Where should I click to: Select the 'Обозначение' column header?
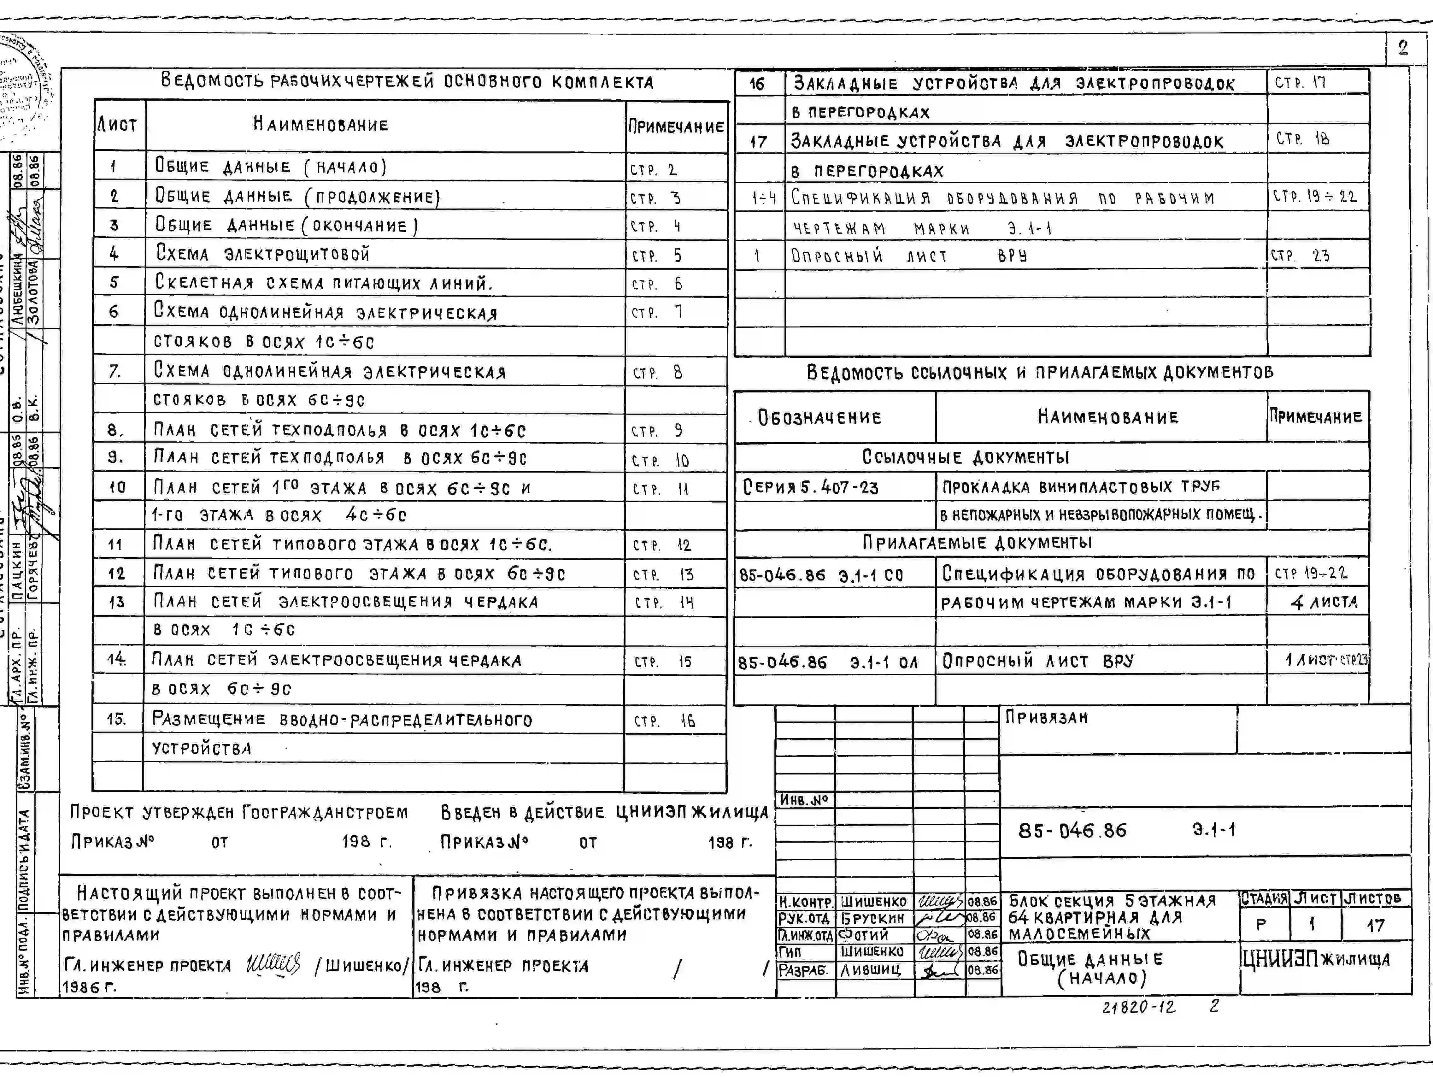819,417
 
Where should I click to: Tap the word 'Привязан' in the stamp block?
1046,717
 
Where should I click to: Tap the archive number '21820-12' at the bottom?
1138,1007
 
